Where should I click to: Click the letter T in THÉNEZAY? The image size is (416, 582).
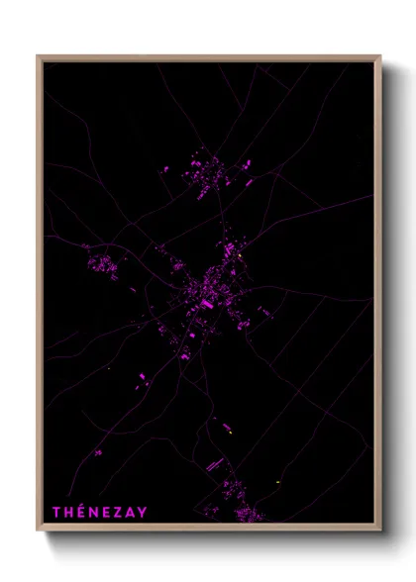[56, 512]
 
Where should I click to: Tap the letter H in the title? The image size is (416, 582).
[69, 512]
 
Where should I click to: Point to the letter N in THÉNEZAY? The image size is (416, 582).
[95, 512]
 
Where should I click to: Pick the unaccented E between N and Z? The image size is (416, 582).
[108, 512]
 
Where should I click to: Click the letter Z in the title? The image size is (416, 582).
[120, 512]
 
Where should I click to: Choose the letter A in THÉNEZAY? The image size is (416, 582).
[132, 512]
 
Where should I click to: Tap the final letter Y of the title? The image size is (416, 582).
[144, 512]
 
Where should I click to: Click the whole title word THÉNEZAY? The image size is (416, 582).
[100, 512]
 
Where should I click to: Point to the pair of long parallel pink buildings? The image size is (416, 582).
[213, 463]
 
